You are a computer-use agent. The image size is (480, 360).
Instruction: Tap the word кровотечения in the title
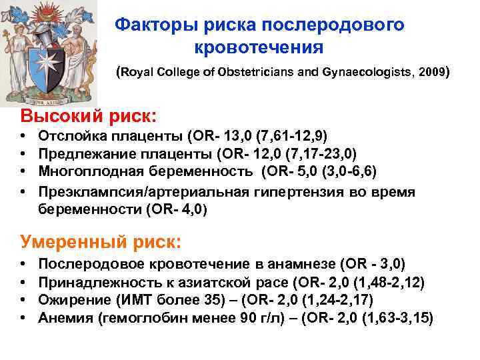(259, 48)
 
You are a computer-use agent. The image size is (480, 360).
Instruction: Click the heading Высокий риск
(90, 115)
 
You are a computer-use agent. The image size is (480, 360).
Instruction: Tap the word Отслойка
(67, 137)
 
